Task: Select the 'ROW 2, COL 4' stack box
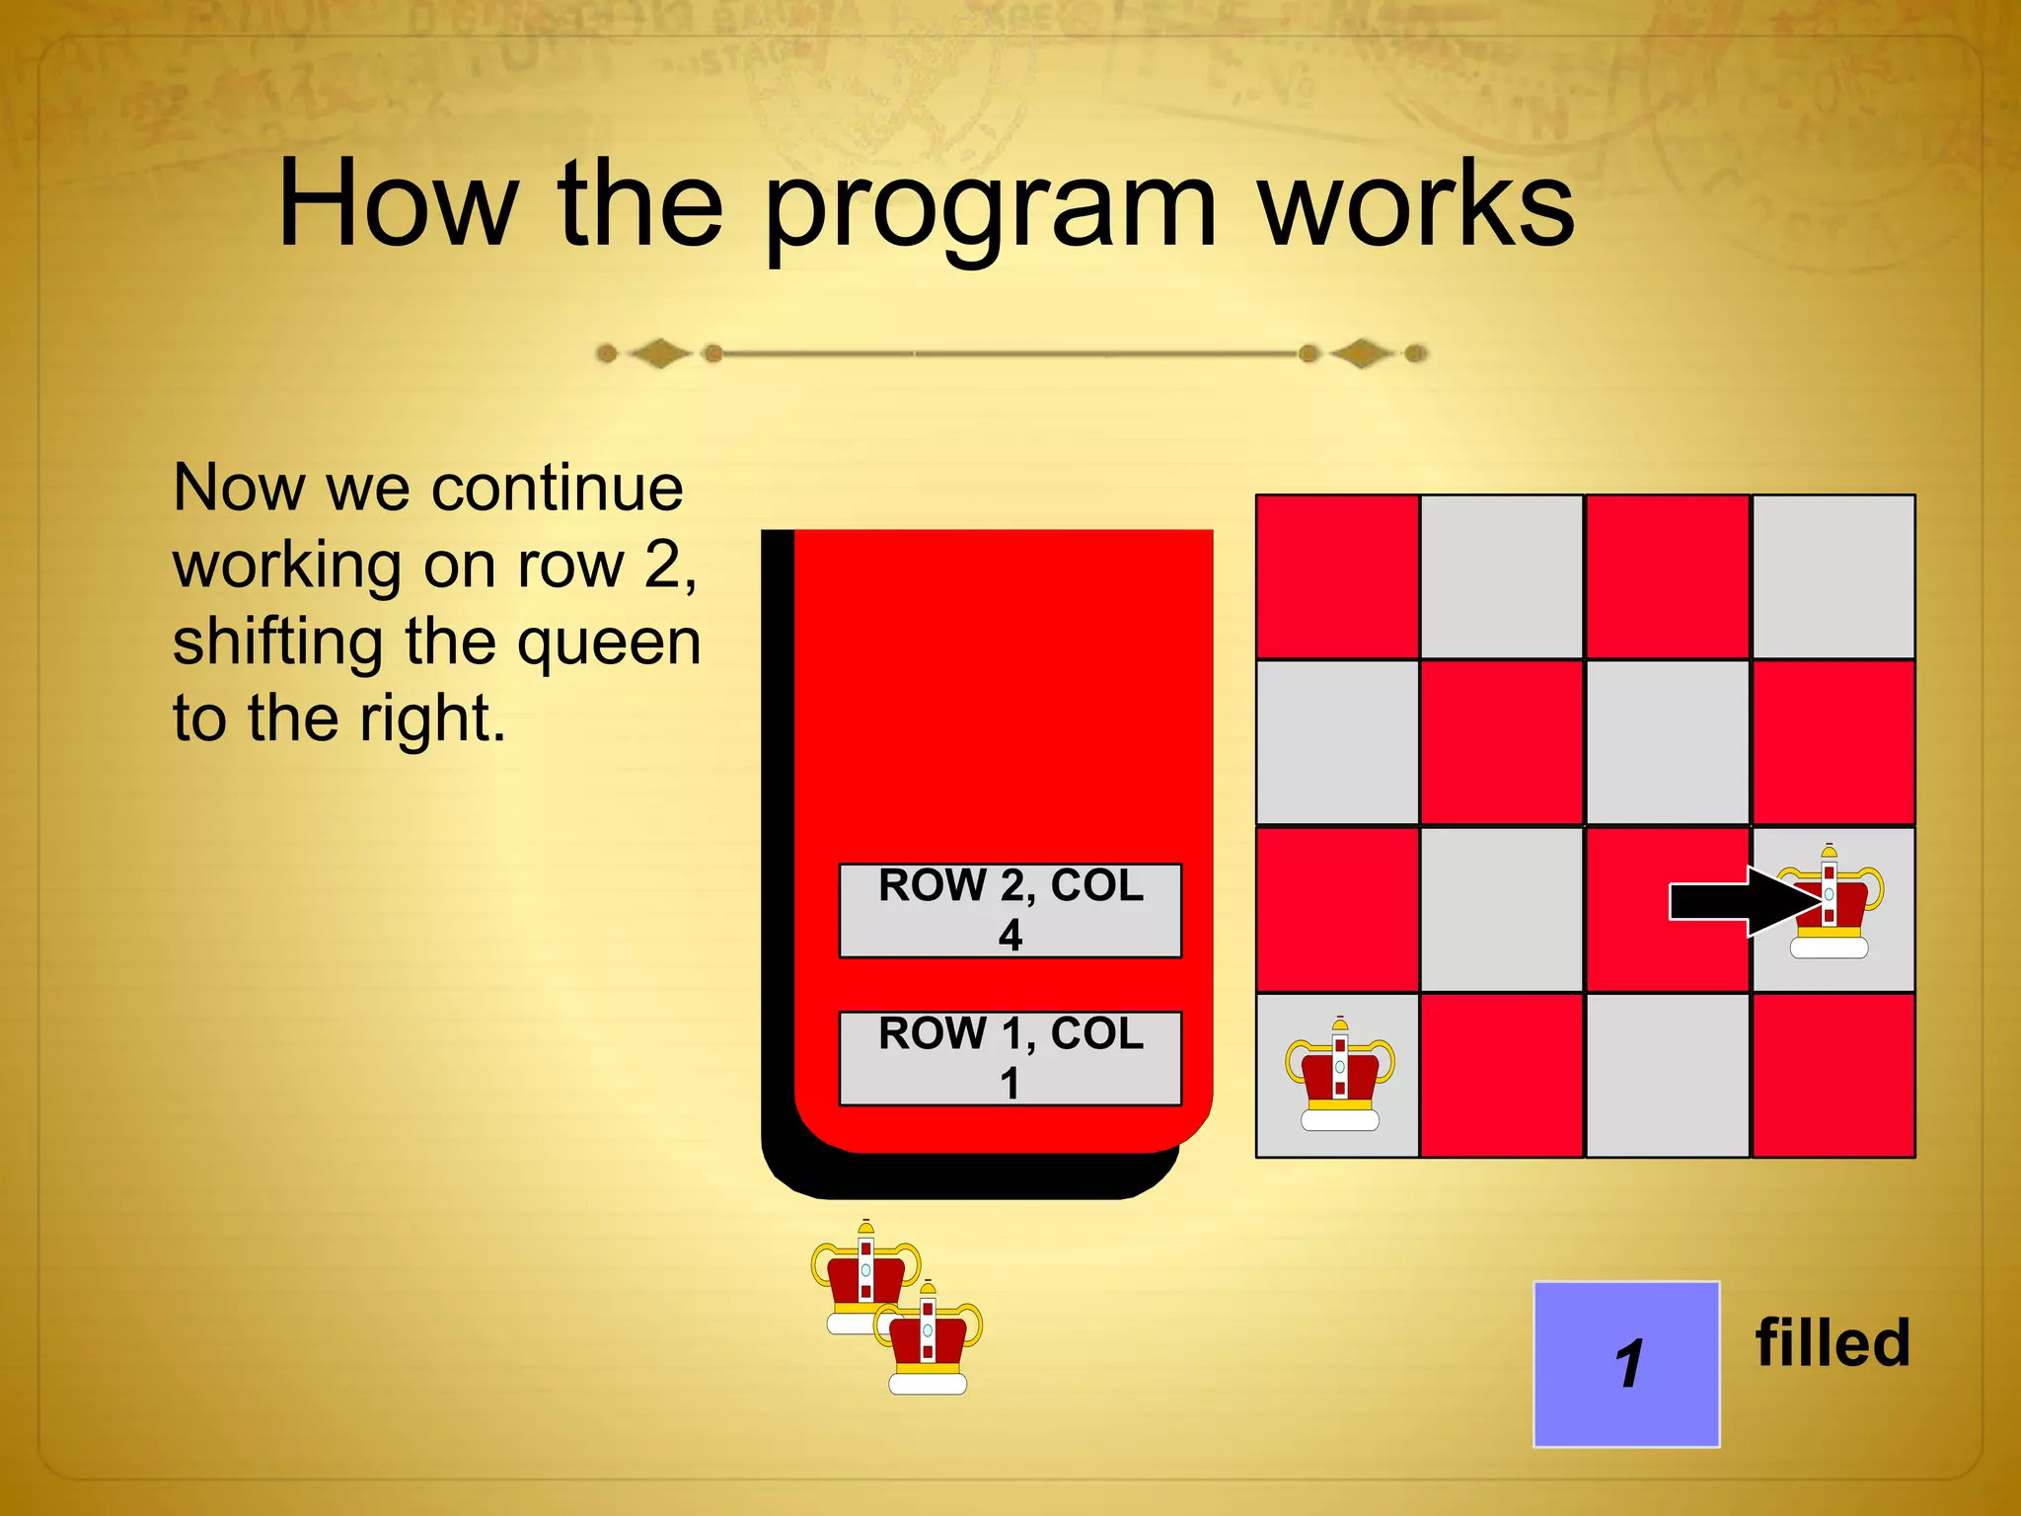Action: pyautogui.click(x=1010, y=910)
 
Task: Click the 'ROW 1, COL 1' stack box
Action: pyautogui.click(x=1010, y=1058)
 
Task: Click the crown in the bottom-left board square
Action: pyautogui.click(x=1339, y=1076)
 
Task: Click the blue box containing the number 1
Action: pyautogui.click(x=1626, y=1364)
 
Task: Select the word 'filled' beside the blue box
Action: pyautogui.click(x=1833, y=1344)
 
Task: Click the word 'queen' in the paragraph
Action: pyautogui.click(x=609, y=643)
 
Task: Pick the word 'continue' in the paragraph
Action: pyautogui.click(x=557, y=489)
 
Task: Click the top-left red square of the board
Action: pyautogui.click(x=1337, y=576)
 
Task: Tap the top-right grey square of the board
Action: pyautogui.click(x=1834, y=576)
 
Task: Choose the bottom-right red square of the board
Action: pyautogui.click(x=1834, y=1076)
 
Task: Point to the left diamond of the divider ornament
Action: pyautogui.click(x=659, y=353)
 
